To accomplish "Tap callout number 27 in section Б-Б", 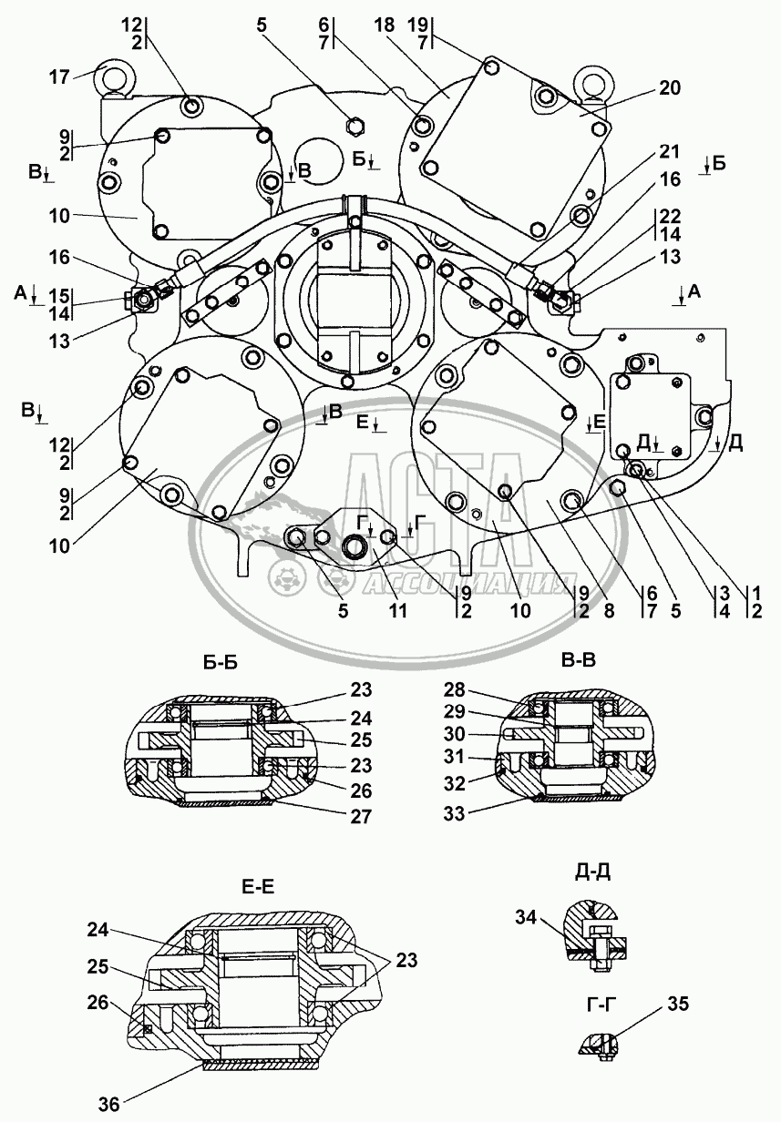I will [x=360, y=817].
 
